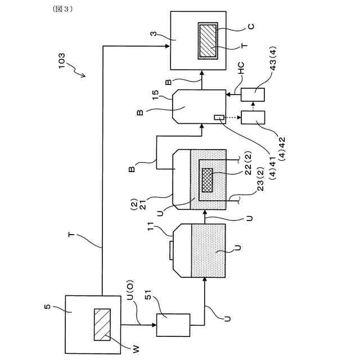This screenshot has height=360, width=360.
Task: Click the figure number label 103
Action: [62, 61]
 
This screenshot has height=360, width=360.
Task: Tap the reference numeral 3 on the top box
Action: [154, 34]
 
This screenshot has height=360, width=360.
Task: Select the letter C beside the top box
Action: [251, 26]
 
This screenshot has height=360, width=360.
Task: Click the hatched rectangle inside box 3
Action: [208, 41]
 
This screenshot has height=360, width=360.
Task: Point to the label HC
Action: [241, 68]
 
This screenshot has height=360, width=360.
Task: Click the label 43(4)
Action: [273, 58]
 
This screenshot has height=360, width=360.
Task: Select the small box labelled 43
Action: [253, 94]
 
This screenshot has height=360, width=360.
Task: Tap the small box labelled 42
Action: [253, 118]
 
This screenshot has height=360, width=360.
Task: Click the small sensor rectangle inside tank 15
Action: [219, 118]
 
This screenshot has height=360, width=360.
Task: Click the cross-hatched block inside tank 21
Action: [208, 180]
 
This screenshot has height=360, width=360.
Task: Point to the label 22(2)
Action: [248, 163]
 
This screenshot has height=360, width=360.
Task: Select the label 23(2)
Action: [260, 179]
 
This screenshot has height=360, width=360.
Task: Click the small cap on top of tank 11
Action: [171, 250]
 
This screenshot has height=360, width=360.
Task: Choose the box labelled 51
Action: [173, 325]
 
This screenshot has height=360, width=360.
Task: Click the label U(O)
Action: [130, 290]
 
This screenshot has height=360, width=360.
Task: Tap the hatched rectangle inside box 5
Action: [102, 325]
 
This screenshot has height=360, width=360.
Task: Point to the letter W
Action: [136, 349]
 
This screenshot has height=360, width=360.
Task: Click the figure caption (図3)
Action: [62, 9]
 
